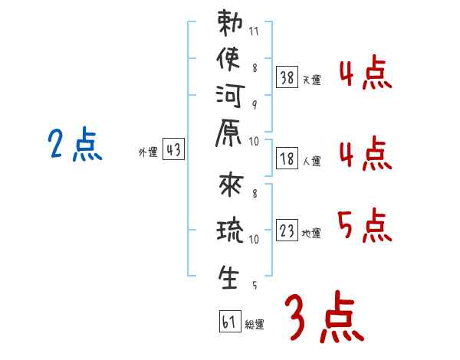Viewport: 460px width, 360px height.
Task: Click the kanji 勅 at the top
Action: click(230, 23)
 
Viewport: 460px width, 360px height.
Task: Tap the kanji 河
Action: click(230, 96)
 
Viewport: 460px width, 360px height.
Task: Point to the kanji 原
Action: click(228, 133)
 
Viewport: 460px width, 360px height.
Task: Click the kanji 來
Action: click(232, 185)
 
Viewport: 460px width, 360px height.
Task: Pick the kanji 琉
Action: click(230, 230)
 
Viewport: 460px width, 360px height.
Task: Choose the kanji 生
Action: click(228, 277)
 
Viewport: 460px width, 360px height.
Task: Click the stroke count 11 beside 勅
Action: click(254, 31)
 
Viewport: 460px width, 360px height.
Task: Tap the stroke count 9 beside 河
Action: click(255, 105)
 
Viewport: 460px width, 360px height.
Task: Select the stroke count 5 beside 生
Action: click(255, 285)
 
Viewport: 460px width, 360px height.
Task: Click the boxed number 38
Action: click(287, 77)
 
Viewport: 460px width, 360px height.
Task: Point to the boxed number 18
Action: click(287, 159)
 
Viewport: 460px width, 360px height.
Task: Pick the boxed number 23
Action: click(287, 230)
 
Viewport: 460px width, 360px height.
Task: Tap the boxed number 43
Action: click(174, 149)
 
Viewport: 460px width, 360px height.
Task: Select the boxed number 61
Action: click(230, 321)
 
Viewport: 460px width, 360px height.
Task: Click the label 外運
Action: click(148, 152)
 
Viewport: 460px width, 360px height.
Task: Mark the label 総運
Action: click(255, 324)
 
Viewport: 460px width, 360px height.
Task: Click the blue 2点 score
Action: click(75, 144)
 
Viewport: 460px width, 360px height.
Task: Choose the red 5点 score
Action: click(365, 225)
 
